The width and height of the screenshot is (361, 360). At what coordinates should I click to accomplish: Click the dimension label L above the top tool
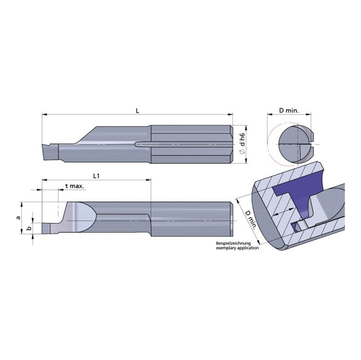tap(137, 110)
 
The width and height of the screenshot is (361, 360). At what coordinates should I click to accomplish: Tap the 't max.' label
tap(75, 187)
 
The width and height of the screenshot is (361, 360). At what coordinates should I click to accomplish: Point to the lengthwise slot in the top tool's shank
tap(182, 143)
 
